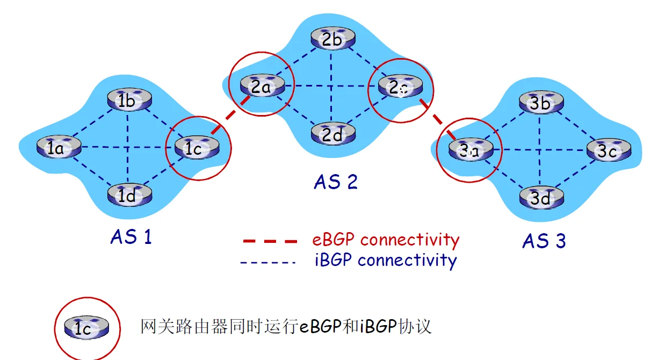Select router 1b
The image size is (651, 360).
(128, 100)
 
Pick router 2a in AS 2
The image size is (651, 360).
(261, 85)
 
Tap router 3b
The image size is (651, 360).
(540, 103)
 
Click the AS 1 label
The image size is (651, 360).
(131, 236)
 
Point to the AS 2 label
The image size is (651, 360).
(336, 182)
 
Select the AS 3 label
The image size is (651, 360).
(544, 241)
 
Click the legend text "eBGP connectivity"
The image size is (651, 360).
(386, 239)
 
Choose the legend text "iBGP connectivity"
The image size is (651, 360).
(385, 260)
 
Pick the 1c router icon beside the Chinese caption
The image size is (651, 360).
(86, 327)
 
